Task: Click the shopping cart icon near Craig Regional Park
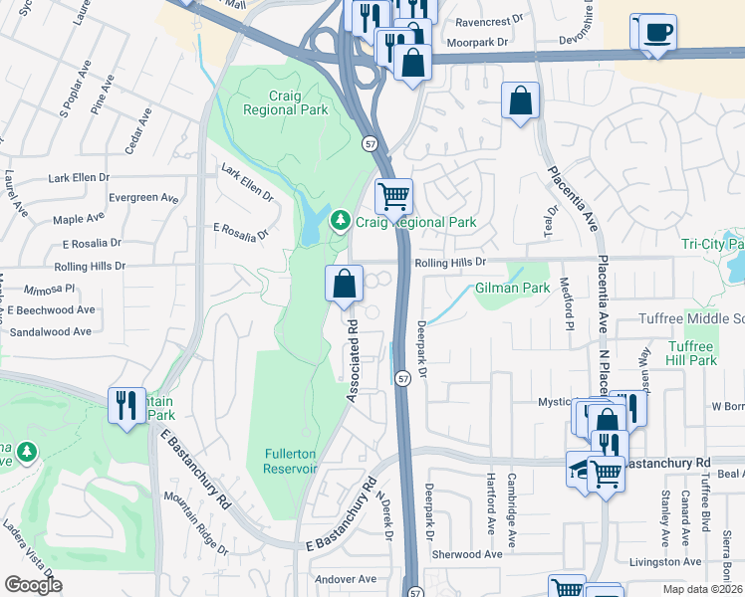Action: pyautogui.click(x=393, y=195)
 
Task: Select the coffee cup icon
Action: pyautogui.click(x=657, y=31)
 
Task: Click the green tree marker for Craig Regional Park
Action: pyautogui.click(x=341, y=219)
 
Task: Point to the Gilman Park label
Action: pyautogui.click(x=512, y=288)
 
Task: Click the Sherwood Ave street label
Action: pyautogui.click(x=468, y=554)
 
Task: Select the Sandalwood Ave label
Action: pyautogui.click(x=50, y=331)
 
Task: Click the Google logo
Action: pyautogui.click(x=34, y=585)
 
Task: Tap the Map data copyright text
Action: pyautogui.click(x=703, y=589)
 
